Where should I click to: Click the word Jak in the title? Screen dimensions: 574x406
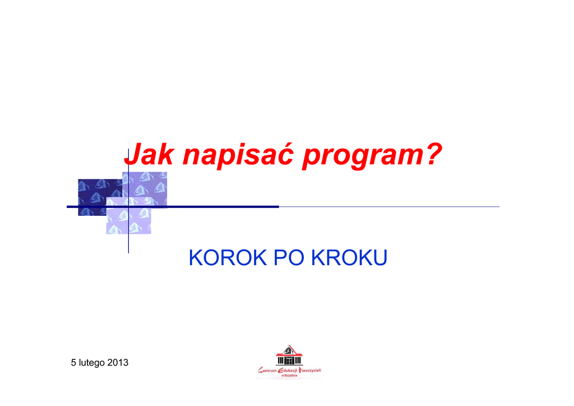[149, 154]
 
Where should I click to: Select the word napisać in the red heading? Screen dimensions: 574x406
[238, 154]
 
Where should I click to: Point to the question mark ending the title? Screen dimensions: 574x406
[434, 154]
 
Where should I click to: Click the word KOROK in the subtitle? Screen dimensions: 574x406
[228, 257]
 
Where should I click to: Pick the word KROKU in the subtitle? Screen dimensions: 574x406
[349, 257]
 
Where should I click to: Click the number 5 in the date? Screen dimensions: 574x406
[73, 362]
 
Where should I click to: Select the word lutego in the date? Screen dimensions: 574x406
[91, 363]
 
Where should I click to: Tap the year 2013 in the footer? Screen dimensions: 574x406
[118, 362]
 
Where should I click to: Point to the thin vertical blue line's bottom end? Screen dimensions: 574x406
[128, 253]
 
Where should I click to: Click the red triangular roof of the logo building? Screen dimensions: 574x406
[289, 350]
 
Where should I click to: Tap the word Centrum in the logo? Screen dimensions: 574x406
[267, 371]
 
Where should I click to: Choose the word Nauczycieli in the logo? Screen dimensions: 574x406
[310, 370]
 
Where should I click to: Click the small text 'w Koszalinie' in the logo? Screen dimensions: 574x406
[289, 375]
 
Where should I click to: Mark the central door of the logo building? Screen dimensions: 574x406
[289, 361]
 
